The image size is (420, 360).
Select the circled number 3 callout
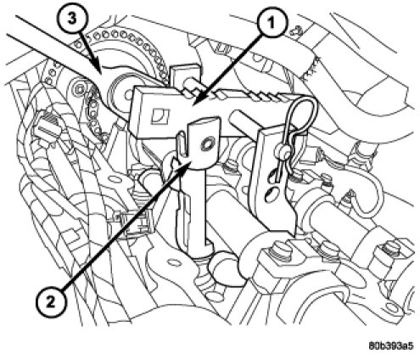72,19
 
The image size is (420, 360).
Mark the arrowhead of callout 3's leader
101,73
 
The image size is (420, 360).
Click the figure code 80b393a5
391,346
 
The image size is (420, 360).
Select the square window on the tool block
160,116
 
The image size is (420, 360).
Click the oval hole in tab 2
208,145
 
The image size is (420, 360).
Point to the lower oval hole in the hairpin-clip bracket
270,194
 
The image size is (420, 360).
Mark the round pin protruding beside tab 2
240,119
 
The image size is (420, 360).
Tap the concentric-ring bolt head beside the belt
80,88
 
